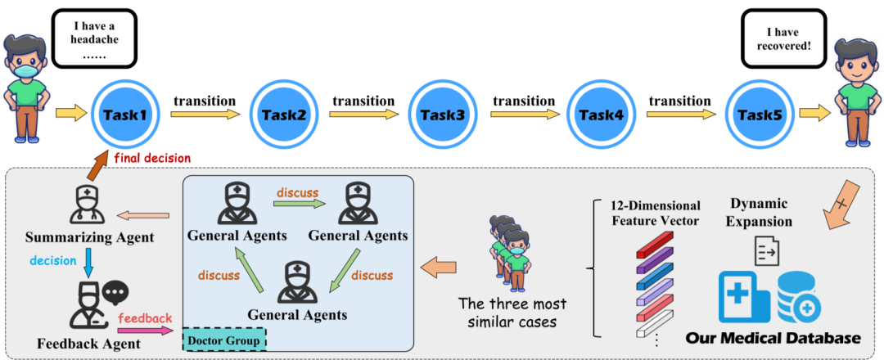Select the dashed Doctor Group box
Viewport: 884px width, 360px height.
coord(224,341)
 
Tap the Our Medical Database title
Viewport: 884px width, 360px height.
coord(773,338)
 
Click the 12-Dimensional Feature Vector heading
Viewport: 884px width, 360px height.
coord(656,214)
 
